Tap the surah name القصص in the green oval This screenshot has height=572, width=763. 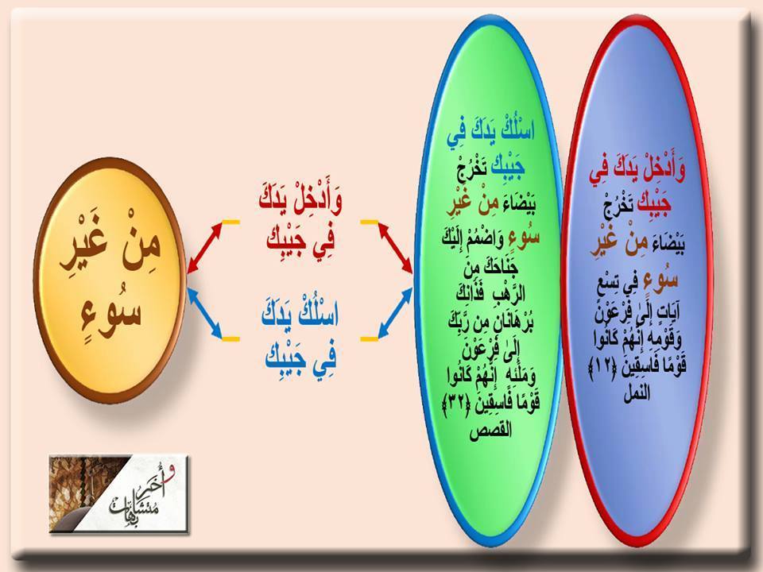tap(490, 431)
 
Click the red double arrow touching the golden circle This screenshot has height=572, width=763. tap(205, 247)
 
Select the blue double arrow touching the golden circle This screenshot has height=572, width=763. tap(205, 313)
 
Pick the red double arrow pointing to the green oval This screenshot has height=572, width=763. tap(395, 247)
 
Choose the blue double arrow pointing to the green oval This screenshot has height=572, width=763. tap(395, 313)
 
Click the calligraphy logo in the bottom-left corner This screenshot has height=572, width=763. tap(118, 493)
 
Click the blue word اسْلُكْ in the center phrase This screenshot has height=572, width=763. tap(320, 315)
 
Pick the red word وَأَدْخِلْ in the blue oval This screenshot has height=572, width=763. tap(660, 172)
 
